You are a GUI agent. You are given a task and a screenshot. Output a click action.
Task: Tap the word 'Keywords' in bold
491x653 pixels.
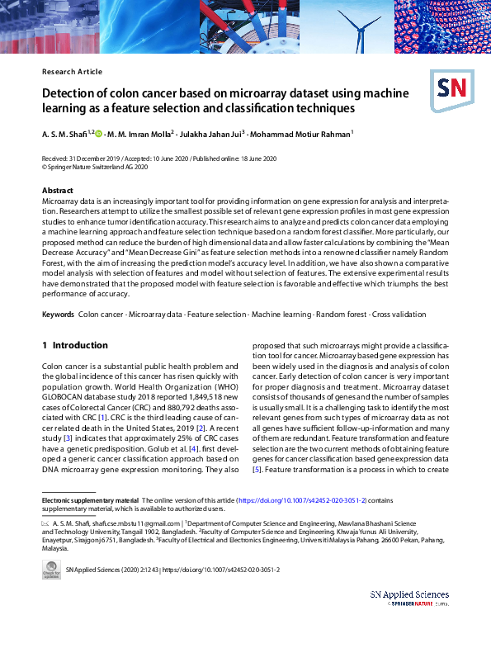[x=58, y=315]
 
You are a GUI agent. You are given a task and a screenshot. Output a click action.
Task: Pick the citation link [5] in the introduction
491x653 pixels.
[x=257, y=470]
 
